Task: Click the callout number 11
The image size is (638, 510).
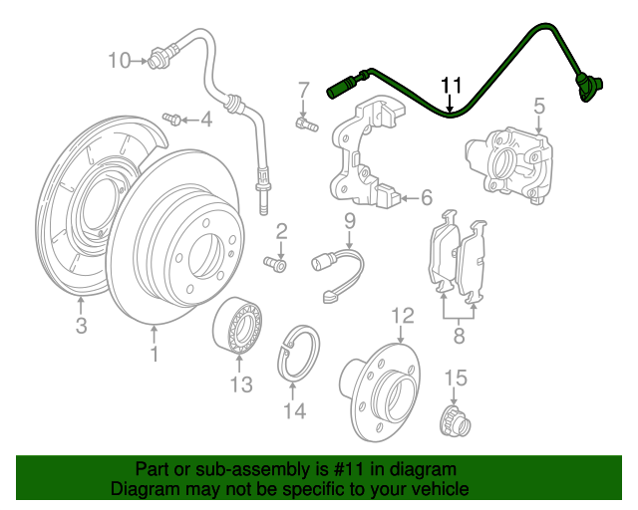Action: tap(452, 86)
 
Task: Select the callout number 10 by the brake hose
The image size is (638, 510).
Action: tap(119, 61)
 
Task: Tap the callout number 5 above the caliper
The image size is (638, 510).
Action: tap(538, 105)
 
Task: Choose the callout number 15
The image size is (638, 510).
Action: tap(455, 378)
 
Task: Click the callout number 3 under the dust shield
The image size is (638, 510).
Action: tap(82, 325)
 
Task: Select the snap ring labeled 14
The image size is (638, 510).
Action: tap(299, 353)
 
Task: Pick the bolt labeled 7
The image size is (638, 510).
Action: tap(303, 125)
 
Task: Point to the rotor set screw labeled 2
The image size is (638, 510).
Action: tap(275, 264)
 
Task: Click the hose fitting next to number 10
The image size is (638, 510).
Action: tap(159, 57)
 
